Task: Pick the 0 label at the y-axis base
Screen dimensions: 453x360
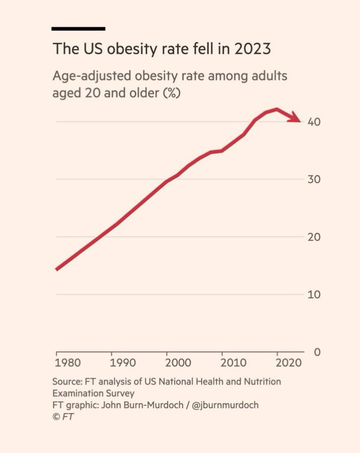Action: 317,352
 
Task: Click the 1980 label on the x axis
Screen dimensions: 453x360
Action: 68,363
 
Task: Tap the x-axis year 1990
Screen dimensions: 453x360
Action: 123,363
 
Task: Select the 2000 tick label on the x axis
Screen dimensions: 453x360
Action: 178,363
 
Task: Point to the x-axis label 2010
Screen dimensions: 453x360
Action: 234,363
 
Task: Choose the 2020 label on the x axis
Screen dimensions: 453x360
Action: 289,363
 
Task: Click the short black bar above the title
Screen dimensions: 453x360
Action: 79,29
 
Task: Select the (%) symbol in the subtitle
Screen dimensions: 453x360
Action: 171,94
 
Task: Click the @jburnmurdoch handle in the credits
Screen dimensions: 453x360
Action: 225,405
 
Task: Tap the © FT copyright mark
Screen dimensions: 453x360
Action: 63,417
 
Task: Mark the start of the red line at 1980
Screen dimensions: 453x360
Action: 57,269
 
